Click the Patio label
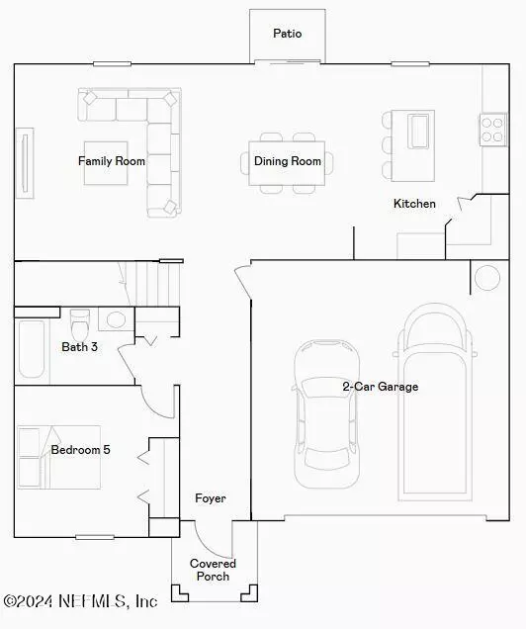(287, 34)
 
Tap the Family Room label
(112, 160)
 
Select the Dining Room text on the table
(288, 161)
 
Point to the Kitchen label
(414, 204)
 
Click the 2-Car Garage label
(380, 387)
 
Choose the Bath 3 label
(79, 347)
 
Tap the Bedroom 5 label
(80, 450)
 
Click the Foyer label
(210, 498)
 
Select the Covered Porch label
(214, 570)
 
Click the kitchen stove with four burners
(492, 130)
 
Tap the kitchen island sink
(419, 131)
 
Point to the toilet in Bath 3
(81, 321)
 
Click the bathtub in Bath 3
(31, 349)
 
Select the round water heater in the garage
(486, 277)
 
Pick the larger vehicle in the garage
(435, 400)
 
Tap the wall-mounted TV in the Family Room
(24, 160)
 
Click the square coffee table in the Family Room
(112, 163)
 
